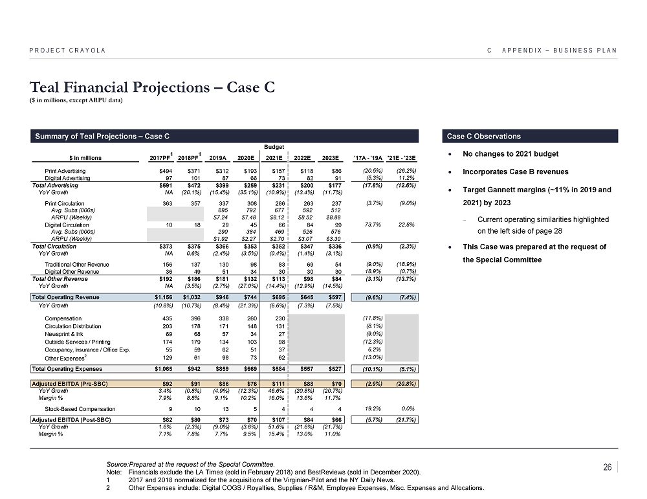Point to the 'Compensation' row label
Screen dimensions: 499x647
coord(63,318)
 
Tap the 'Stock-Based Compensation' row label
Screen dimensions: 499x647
coord(80,409)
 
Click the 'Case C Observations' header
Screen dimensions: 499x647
coord(484,137)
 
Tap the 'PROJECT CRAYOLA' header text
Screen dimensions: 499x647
coord(67,50)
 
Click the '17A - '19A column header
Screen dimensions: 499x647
coord(367,157)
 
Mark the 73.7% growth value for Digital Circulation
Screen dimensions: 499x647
coord(367,225)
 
